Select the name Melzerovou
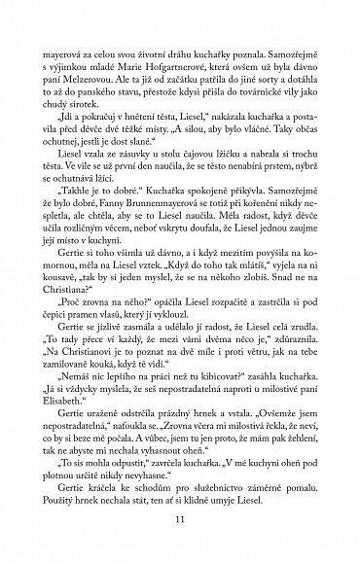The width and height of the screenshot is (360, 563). pyautogui.click(x=120, y=89)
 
